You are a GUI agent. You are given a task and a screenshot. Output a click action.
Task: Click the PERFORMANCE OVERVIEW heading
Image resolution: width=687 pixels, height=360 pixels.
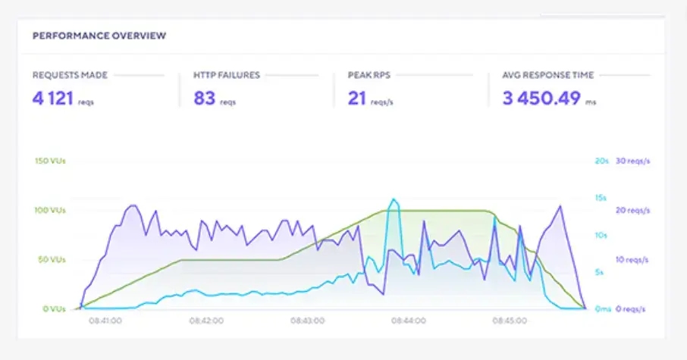[99, 36]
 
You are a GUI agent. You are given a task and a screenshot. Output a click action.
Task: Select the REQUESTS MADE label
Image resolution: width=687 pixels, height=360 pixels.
[70, 75]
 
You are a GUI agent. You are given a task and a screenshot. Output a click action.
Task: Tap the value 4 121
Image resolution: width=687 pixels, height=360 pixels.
[55, 98]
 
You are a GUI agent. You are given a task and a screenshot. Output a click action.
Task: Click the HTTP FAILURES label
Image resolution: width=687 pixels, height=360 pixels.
[227, 75]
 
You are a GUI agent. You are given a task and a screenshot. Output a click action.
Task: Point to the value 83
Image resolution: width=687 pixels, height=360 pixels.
[205, 98]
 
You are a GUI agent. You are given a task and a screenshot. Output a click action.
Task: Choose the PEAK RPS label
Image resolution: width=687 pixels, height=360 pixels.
[370, 75]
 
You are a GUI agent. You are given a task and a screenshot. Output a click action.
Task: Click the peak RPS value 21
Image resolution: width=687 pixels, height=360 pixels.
[357, 98]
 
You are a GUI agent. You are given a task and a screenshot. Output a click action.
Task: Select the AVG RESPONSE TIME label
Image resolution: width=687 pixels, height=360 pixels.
[547, 75]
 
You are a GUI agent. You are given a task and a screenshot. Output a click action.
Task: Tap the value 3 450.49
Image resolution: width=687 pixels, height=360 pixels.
[541, 98]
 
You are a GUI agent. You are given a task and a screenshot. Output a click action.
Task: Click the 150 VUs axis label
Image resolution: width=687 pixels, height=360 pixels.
[51, 161]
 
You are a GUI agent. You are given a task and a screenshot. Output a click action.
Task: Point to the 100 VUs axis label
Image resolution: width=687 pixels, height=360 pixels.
[51, 210]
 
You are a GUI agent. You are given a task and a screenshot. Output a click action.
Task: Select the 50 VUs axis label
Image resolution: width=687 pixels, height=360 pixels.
[52, 259]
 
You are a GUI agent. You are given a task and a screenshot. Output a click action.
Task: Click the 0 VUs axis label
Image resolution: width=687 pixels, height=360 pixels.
[54, 309]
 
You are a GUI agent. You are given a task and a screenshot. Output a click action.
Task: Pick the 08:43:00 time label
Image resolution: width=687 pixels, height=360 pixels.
[307, 321]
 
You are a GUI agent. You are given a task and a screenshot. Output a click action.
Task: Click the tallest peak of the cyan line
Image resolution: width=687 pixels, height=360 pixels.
[393, 199]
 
